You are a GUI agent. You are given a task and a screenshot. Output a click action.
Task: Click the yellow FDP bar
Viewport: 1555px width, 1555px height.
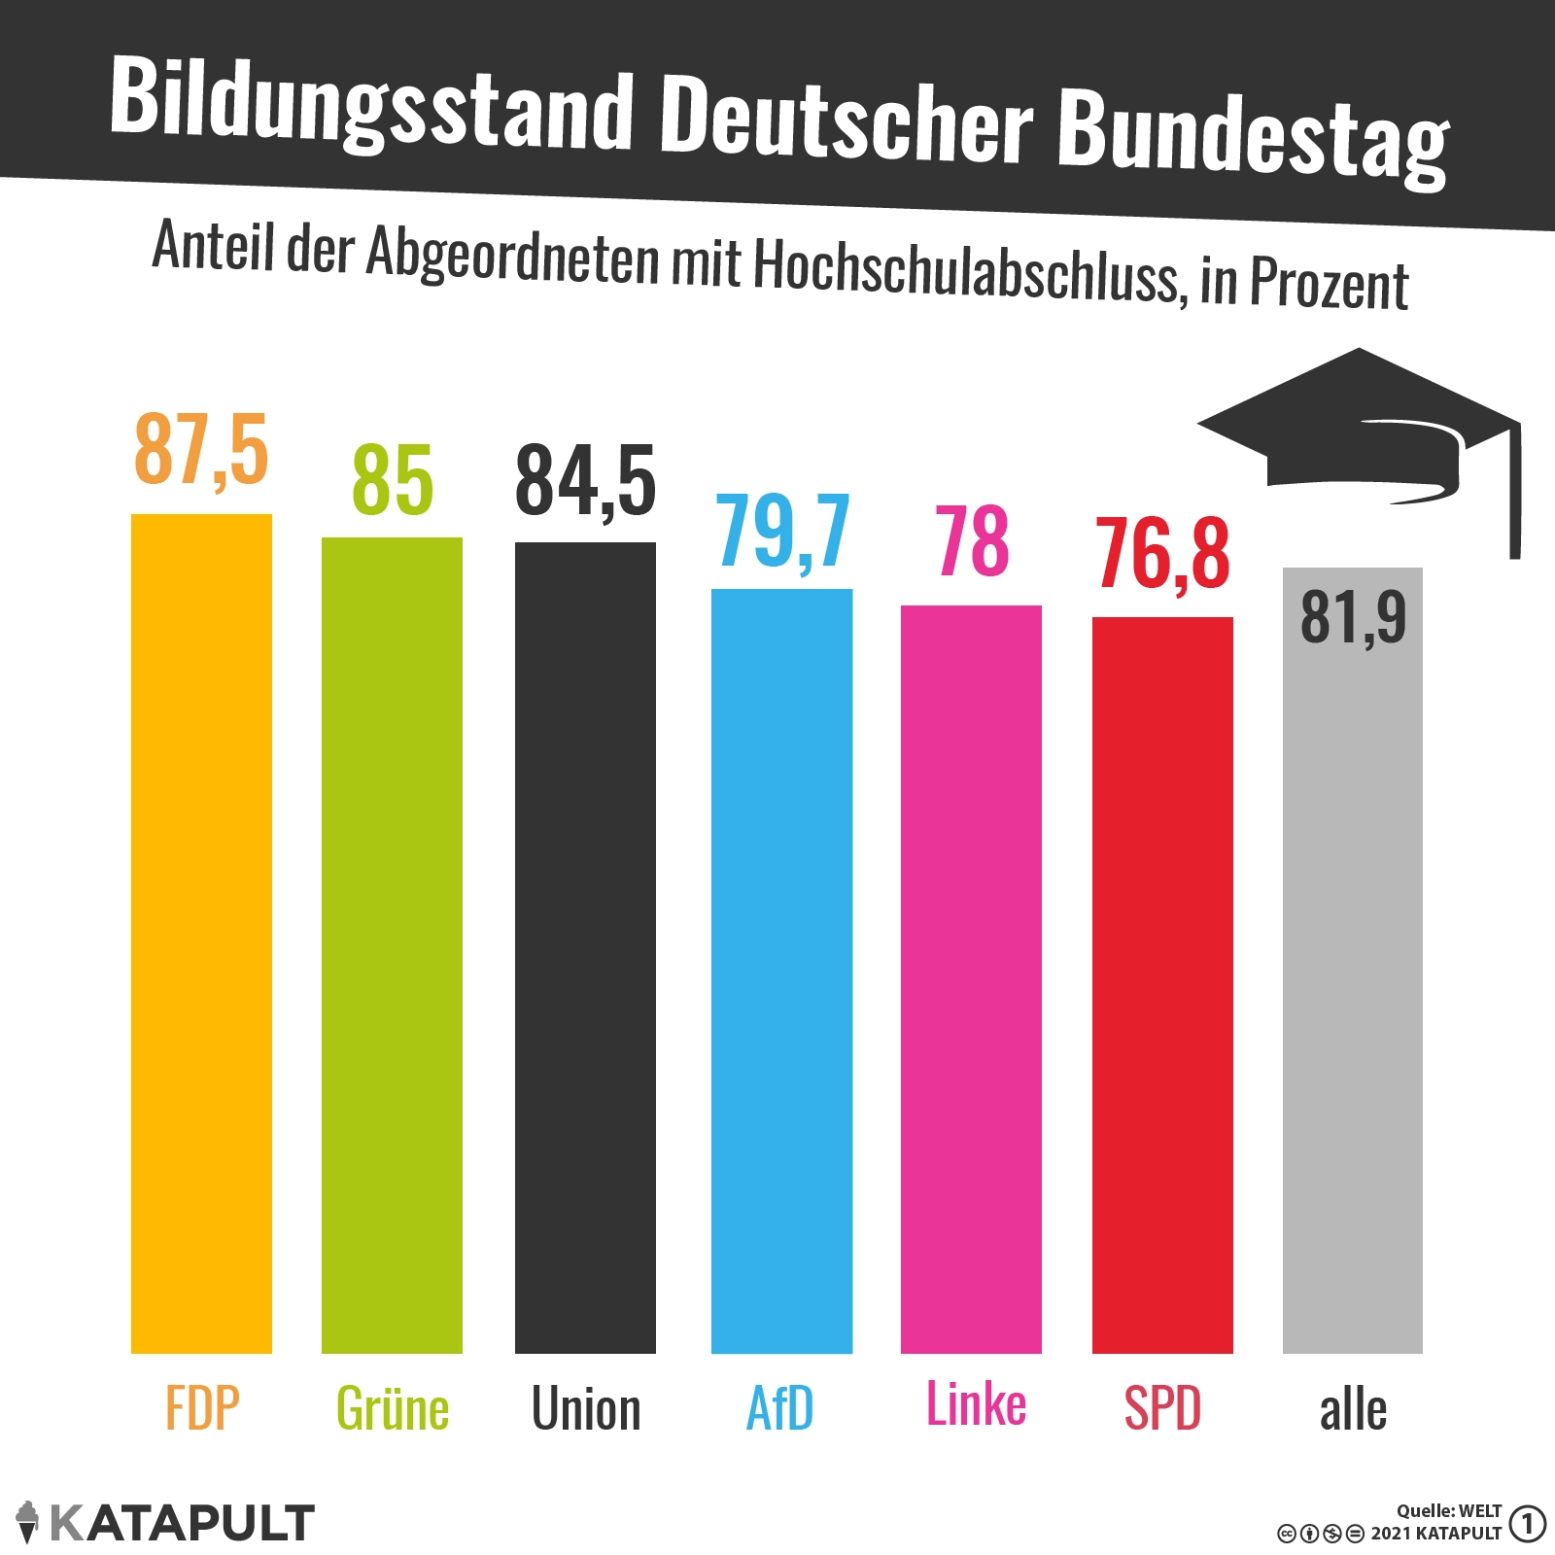click(201, 933)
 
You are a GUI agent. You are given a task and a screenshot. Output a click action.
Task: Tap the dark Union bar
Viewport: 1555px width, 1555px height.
click(585, 948)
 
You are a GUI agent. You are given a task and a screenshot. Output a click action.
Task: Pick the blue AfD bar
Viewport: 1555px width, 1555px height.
click(781, 971)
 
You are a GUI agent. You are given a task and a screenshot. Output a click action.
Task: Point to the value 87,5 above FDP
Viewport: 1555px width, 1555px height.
click(201, 449)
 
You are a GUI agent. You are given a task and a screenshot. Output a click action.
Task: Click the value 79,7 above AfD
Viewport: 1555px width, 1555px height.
click(783, 531)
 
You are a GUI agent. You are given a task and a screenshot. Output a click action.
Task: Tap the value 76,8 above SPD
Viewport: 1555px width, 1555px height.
click(1162, 554)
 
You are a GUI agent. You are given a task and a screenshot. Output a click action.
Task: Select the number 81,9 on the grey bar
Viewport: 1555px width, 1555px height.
click(1353, 617)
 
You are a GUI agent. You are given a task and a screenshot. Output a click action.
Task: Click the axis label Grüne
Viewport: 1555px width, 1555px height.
click(393, 1408)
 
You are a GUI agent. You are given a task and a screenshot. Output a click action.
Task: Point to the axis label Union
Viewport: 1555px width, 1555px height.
click(586, 1408)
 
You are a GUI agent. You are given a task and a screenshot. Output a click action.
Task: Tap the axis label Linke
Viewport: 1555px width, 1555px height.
click(976, 1404)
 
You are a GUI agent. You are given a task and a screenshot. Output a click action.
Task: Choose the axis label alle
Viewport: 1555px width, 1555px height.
click(1353, 1409)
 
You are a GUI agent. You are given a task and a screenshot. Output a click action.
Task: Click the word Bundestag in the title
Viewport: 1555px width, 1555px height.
click(1254, 136)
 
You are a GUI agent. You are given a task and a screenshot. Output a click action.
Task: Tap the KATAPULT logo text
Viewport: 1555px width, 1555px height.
click(182, 1523)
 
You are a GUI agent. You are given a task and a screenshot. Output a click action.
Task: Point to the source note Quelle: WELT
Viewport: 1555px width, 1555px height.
click(1449, 1510)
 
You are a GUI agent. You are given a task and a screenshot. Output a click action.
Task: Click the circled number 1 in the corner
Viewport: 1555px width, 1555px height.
click(1528, 1523)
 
